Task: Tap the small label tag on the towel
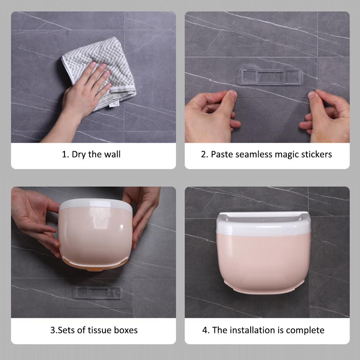click(x=114, y=104)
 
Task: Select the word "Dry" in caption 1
click(x=78, y=155)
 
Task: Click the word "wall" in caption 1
click(x=113, y=154)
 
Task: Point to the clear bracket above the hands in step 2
click(x=270, y=77)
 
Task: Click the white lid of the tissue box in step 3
click(x=96, y=205)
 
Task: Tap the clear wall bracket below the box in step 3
click(x=98, y=293)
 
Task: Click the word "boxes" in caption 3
click(x=126, y=330)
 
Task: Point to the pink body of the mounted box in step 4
click(x=263, y=262)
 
